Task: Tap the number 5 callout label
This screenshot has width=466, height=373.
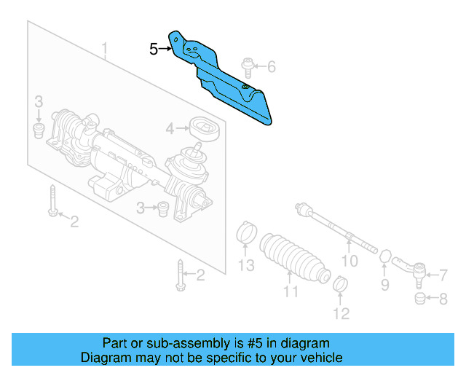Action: tap(154, 50)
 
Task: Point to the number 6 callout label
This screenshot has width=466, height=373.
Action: tap(271, 68)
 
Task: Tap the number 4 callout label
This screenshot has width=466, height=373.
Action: tap(170, 129)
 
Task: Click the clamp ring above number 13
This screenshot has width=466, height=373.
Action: tap(247, 235)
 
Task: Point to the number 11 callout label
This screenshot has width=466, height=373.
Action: tap(291, 292)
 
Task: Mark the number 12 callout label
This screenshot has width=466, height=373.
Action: tap(341, 314)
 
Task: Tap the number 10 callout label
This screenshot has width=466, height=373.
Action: tap(350, 261)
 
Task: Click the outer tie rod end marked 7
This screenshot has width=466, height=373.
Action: tap(411, 271)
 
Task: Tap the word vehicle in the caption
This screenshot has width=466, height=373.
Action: tap(317, 358)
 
